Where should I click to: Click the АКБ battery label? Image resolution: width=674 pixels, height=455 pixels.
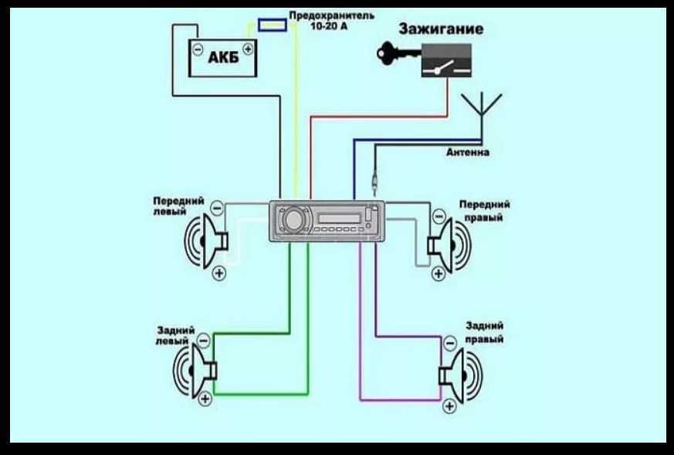223,59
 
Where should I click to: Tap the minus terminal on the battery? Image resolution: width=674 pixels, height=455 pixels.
198,49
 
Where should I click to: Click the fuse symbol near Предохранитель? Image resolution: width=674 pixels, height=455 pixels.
271,26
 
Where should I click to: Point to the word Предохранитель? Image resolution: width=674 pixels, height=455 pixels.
332,15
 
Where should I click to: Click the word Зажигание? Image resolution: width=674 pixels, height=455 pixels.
441,30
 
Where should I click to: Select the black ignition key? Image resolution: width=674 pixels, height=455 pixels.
395,53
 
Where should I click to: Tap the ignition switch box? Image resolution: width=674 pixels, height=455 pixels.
445,60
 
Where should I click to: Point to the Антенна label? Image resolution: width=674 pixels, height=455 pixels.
467,153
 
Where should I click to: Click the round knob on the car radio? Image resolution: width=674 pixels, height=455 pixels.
293,221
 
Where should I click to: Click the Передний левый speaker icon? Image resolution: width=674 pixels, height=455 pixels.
205,242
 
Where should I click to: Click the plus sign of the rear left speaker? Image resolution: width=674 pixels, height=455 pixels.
205,399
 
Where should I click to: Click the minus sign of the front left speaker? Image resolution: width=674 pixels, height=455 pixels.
216,207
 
